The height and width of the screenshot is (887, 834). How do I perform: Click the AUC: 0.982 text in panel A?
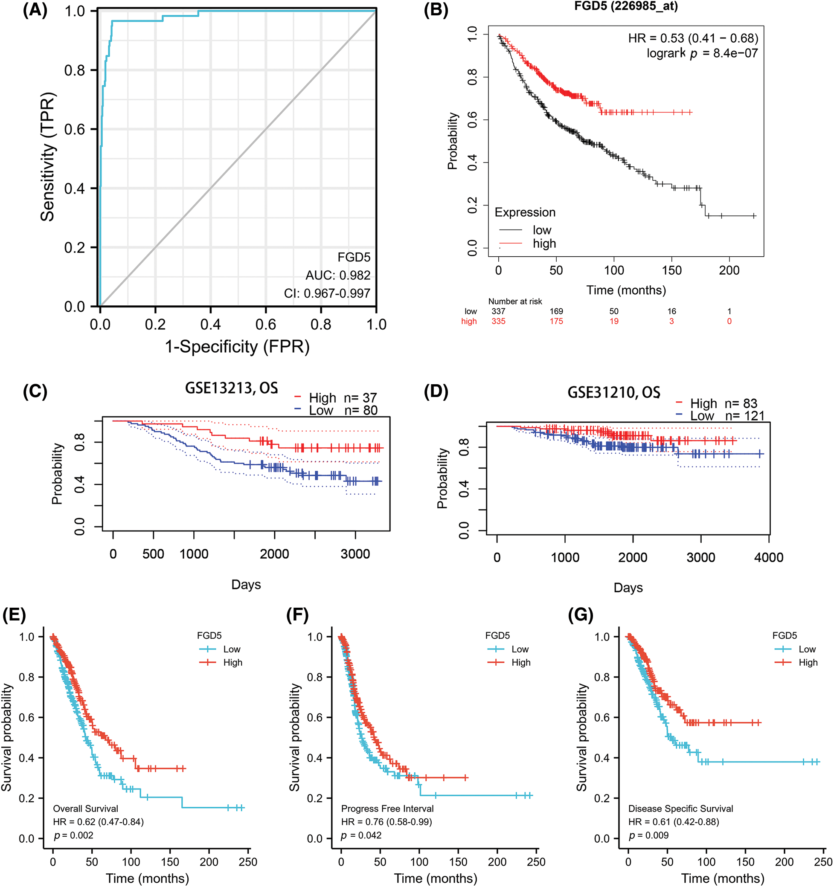click(338, 275)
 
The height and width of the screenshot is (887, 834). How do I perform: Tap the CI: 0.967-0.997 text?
click(327, 293)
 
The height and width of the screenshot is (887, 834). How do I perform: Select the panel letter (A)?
click(35, 10)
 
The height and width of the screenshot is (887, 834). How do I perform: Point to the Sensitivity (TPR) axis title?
click(47, 157)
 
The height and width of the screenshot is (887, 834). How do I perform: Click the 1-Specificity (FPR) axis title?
click(237, 347)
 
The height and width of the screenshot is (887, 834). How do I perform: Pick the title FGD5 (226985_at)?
click(626, 6)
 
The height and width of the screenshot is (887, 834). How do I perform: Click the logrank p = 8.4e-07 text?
click(702, 54)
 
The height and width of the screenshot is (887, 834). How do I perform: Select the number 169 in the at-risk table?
click(556, 311)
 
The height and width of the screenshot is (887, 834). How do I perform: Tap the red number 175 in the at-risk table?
click(556, 321)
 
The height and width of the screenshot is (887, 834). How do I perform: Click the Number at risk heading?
click(515, 301)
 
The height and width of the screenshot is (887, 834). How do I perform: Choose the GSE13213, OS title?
click(231, 388)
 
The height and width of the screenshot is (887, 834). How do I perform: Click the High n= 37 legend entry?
click(336, 397)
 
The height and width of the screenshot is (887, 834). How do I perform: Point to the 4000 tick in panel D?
click(768, 557)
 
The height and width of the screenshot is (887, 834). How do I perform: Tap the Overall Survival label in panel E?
click(85, 809)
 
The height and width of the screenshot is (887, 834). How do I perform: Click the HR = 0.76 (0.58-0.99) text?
click(386, 822)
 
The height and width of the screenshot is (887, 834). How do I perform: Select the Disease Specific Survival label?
click(680, 809)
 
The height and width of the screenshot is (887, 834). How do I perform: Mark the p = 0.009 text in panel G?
click(648, 835)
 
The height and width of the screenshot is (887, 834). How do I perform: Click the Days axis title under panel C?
click(246, 585)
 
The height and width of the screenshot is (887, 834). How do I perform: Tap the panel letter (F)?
click(298, 615)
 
